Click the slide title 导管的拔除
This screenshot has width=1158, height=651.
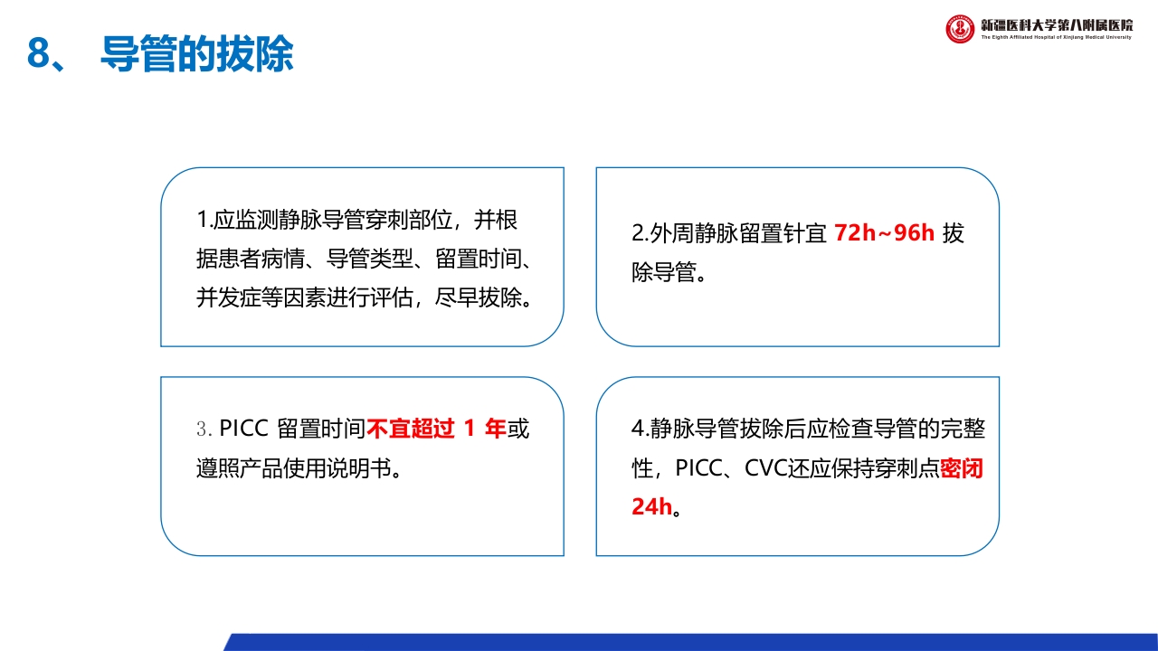[197, 54]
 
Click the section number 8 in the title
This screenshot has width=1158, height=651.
[37, 54]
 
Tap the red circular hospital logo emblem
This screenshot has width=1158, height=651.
[960, 29]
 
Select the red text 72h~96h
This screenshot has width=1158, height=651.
[884, 233]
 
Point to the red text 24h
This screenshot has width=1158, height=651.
[651, 506]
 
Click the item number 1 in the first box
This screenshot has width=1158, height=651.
[202, 220]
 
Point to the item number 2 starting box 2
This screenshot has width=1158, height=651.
[637, 233]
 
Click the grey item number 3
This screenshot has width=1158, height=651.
[202, 429]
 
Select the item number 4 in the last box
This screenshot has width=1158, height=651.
[637, 429]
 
